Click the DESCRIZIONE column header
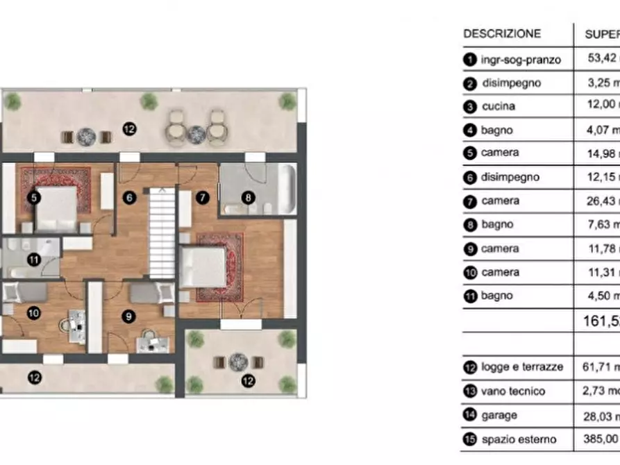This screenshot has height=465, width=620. tap(501, 33)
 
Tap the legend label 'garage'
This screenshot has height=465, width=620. tap(498, 415)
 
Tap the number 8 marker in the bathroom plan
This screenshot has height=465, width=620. tap(248, 198)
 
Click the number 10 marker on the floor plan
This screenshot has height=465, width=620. tap(33, 313)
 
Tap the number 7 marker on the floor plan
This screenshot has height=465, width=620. tap(202, 197)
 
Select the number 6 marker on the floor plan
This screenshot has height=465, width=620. tap(128, 197)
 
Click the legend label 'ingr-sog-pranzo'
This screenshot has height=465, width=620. tap(521, 59)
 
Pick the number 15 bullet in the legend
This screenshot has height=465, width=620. tap(470, 439)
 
